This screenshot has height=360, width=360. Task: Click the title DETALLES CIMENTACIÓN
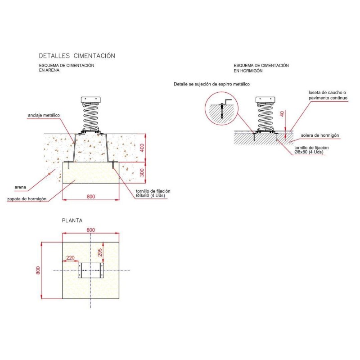[x=77, y=56]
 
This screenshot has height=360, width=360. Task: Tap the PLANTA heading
[x=72, y=220]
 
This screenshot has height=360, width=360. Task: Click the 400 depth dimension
[x=142, y=148]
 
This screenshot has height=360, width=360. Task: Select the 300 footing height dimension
[x=142, y=172]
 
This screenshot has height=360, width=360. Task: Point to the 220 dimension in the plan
[x=70, y=258]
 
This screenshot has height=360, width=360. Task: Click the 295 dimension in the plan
[x=100, y=252]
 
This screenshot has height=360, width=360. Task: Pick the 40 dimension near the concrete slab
[x=282, y=114]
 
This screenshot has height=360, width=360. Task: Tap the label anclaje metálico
[x=44, y=115]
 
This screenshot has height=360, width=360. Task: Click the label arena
[x=20, y=187]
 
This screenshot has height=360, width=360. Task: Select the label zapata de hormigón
[x=27, y=199]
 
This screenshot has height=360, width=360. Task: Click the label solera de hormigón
[x=320, y=135]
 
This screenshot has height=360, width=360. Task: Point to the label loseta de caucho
[x=327, y=93]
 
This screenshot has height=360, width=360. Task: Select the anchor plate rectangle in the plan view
[x=91, y=270]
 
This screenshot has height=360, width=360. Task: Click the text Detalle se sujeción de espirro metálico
[x=211, y=84]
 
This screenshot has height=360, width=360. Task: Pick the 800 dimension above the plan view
[x=91, y=230]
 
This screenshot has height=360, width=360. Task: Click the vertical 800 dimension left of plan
[x=38, y=270]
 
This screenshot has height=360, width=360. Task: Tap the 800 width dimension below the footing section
[x=91, y=197]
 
